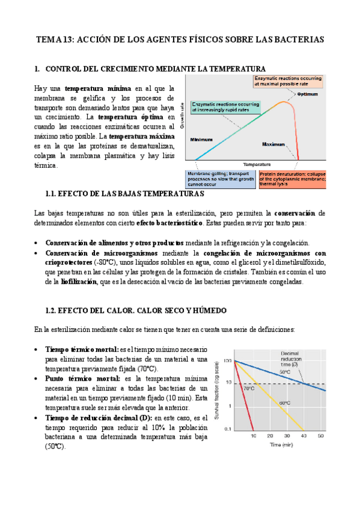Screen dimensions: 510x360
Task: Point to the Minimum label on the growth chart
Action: click(x=202, y=140)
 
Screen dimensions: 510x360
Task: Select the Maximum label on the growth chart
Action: click(x=273, y=144)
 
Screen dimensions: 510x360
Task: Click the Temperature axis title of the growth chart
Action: click(x=257, y=164)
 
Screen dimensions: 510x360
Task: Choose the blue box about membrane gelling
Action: click(x=221, y=179)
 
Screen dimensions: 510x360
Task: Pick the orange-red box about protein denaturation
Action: click(x=293, y=179)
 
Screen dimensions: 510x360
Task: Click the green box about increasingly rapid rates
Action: click(x=225, y=107)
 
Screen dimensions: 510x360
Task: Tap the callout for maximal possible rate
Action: click(x=288, y=81)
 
